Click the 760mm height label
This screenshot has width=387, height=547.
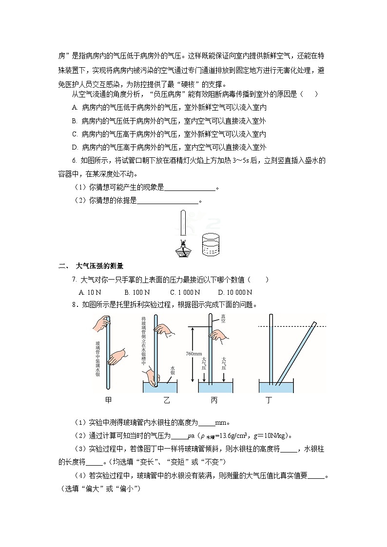point(193,353)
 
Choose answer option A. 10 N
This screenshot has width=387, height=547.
point(90,292)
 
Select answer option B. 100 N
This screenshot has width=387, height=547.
point(137,292)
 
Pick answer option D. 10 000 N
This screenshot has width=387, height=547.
point(235,292)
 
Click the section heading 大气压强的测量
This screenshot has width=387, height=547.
point(100,266)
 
